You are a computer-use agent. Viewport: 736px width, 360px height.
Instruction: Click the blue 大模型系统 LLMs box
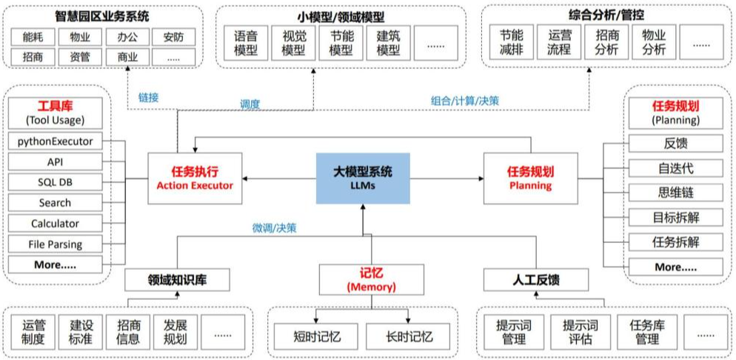pos(363,179)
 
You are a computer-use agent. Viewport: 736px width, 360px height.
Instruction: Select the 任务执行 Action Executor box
pos(195,179)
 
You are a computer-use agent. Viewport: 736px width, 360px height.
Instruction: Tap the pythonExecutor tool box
pos(56,141)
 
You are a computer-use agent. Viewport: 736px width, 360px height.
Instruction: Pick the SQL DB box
pos(56,182)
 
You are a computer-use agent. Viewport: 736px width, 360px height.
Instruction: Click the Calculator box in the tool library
pos(56,224)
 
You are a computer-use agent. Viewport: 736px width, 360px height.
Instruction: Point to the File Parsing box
pos(56,244)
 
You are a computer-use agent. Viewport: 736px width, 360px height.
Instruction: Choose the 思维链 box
pos(675,193)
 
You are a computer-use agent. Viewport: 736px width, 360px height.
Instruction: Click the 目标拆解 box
pos(675,217)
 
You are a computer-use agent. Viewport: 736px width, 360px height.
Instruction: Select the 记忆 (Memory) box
pos(363,279)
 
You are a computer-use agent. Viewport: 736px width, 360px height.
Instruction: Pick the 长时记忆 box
pos(407,336)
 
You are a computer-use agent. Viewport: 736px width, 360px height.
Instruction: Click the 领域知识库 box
pos(176,280)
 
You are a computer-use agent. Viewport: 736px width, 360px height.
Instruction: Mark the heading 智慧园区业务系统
pos(104,15)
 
